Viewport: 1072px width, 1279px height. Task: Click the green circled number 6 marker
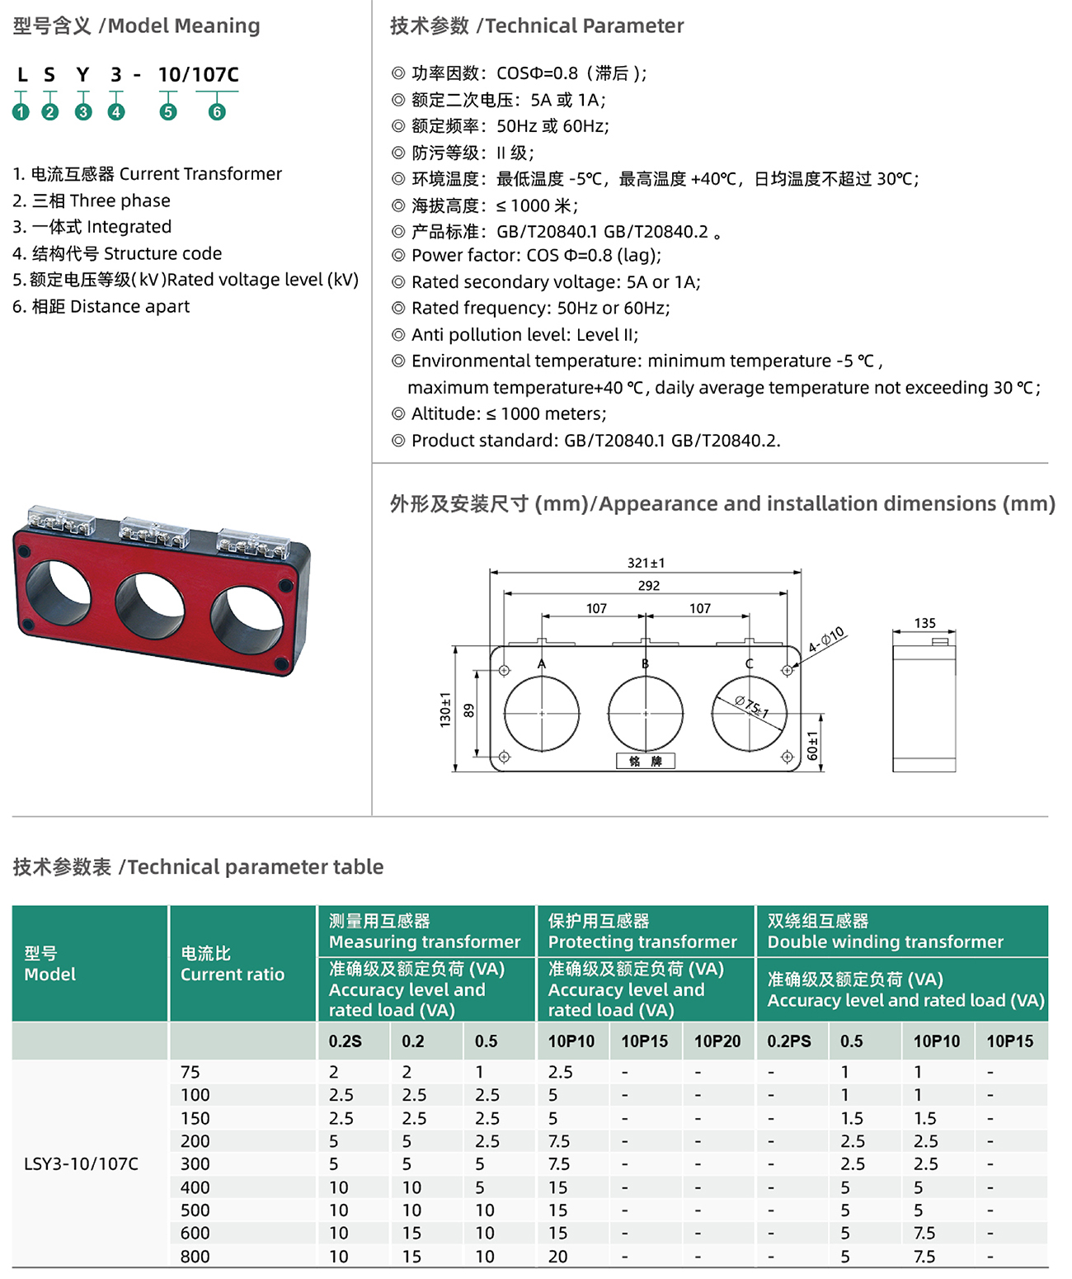coord(217,111)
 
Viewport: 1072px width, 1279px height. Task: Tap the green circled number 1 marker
coord(21,111)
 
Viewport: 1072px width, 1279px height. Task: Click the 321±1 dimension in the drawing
coord(646,563)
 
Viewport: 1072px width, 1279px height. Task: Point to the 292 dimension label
coord(649,586)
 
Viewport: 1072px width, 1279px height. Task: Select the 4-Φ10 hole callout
coord(825,639)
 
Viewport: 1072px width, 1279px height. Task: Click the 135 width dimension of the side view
coord(924,623)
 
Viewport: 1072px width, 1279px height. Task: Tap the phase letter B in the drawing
coord(646,663)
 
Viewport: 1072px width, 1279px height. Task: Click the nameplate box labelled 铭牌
coord(646,761)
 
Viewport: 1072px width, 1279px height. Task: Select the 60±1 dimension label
coord(813,745)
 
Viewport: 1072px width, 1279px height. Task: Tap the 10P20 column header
coord(717,1041)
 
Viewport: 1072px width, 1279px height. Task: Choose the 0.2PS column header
coord(789,1041)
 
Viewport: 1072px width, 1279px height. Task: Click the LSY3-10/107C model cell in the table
coord(81,1164)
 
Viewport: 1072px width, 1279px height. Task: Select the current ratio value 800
coord(195,1256)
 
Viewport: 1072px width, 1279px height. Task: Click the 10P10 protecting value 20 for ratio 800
coord(557,1256)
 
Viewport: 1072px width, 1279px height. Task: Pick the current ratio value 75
coord(190,1072)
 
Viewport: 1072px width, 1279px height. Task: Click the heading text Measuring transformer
coord(425,942)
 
